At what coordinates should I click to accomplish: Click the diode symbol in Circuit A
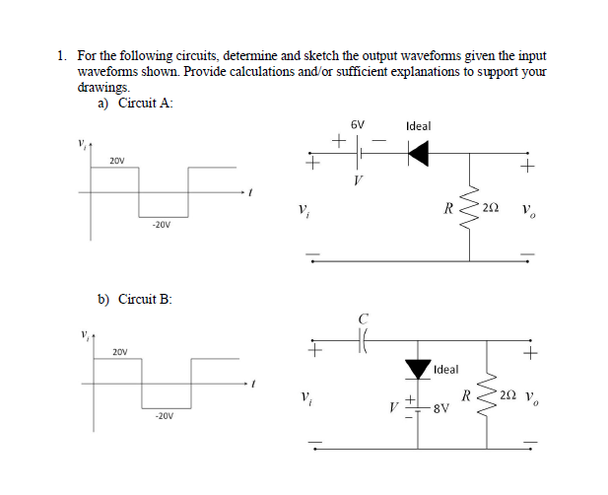tap(418, 152)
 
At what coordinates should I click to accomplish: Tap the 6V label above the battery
tap(357, 126)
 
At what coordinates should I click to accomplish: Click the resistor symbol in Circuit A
tap(469, 209)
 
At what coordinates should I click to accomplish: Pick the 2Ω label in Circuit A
tap(492, 209)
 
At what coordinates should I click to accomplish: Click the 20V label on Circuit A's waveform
tap(117, 160)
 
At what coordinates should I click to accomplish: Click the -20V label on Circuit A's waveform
tap(162, 225)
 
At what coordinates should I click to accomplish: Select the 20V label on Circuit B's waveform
tap(119, 351)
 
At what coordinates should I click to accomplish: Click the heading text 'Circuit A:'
tap(146, 104)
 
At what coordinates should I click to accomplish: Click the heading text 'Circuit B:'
tap(146, 298)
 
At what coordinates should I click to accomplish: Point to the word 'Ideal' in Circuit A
tap(418, 126)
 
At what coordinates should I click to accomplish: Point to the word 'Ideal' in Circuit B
tap(446, 369)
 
